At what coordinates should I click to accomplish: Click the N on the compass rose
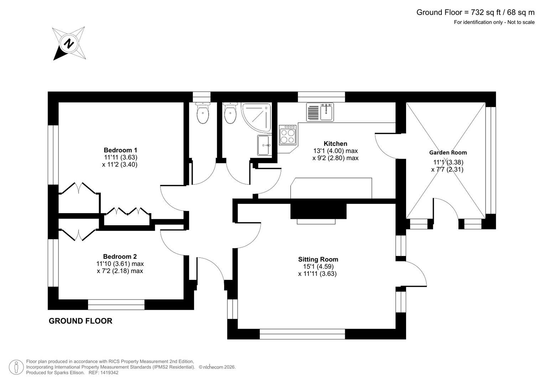[x=69, y=44]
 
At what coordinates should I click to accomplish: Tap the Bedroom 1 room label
[x=120, y=150]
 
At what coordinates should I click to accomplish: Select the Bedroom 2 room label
[x=120, y=256]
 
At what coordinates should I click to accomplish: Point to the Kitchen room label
[x=335, y=144]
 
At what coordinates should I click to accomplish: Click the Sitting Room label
[x=318, y=259]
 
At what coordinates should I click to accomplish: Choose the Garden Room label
[x=448, y=153]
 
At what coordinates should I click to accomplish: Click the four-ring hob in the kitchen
[x=287, y=135]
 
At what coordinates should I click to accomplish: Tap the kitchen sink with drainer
[x=320, y=112]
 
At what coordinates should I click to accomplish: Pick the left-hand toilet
[x=203, y=113]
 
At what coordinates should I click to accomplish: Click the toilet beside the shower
[x=230, y=113]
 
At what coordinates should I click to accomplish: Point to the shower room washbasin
[x=264, y=145]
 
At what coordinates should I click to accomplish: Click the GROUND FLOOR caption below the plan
[x=81, y=321]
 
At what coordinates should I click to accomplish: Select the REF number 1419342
[x=109, y=373]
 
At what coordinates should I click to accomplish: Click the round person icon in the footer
[x=16, y=367]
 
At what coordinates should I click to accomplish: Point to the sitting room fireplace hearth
[x=316, y=221]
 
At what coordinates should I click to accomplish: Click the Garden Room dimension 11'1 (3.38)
[x=448, y=162]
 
